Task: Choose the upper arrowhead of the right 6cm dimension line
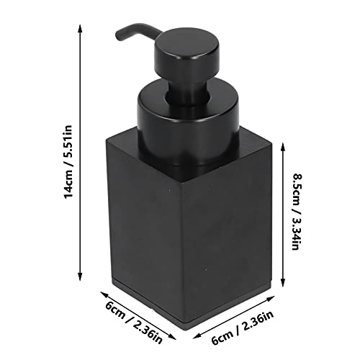coord(273,300)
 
